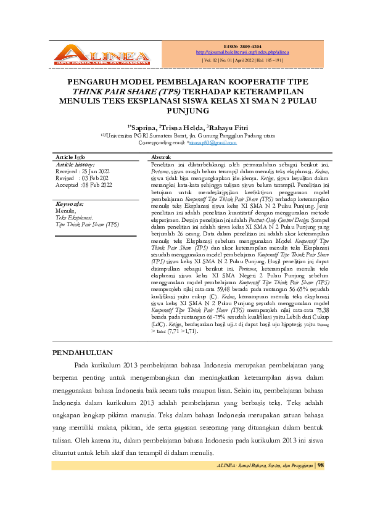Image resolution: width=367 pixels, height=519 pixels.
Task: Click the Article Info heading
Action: click(x=70, y=158)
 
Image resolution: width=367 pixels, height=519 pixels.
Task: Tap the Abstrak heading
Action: click(x=162, y=158)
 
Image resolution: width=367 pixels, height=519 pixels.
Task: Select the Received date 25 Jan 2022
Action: click(x=96, y=171)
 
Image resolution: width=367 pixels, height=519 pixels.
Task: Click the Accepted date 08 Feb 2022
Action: click(x=97, y=184)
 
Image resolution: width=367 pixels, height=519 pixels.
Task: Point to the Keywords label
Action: click(x=69, y=203)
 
